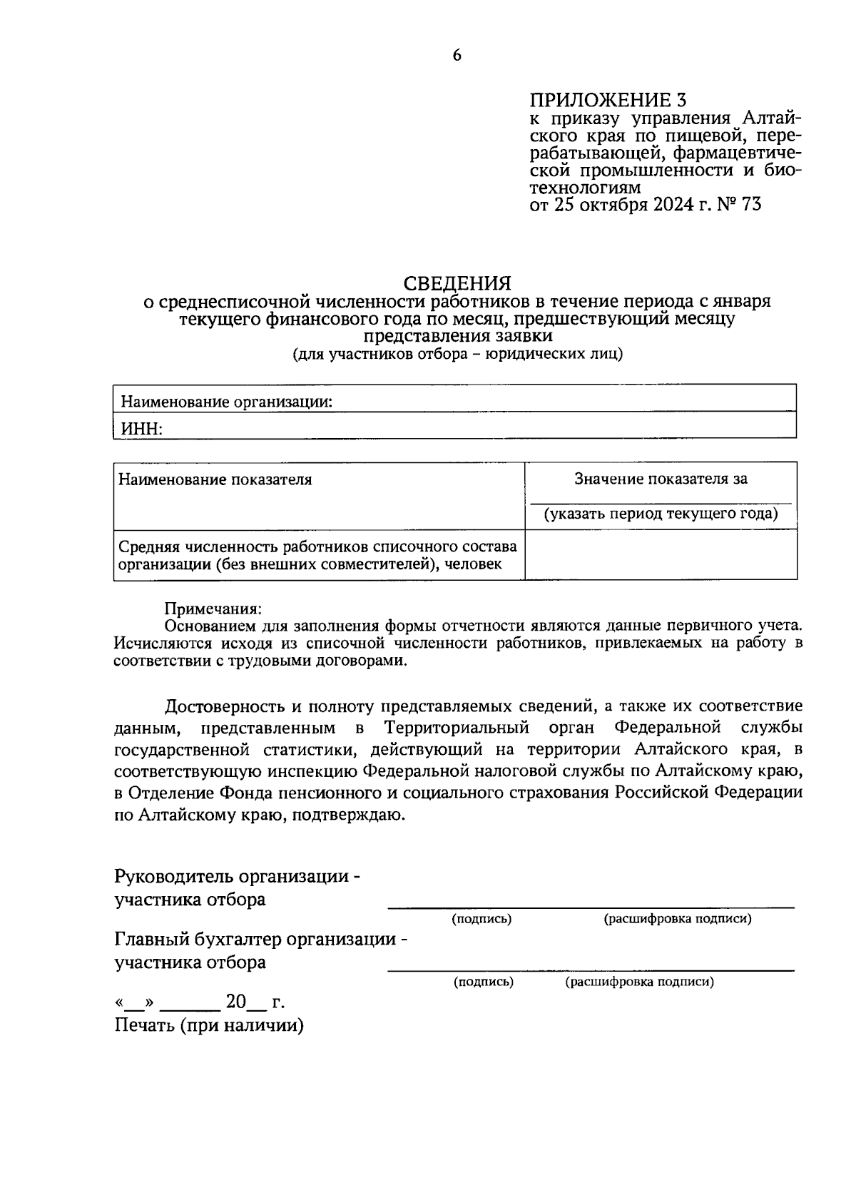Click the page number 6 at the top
click(x=457, y=56)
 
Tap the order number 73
click(x=751, y=205)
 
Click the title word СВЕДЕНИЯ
click(x=457, y=283)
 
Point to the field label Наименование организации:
click(x=227, y=402)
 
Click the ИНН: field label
click(x=141, y=428)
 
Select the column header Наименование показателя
click(x=215, y=479)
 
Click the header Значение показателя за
click(x=661, y=479)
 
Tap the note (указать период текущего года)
click(x=661, y=514)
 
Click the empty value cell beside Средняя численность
click(x=661, y=554)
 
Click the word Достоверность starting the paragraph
click(x=225, y=706)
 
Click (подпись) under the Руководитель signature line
click(x=482, y=919)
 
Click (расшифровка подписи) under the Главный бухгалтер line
click(x=640, y=982)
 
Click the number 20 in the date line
click(x=236, y=1002)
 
